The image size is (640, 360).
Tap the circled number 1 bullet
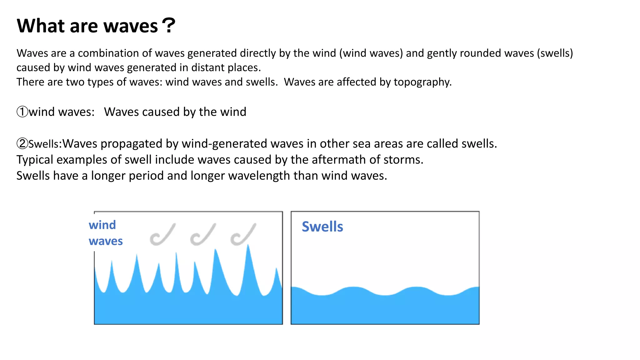click(x=22, y=112)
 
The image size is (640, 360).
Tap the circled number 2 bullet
click(x=22, y=144)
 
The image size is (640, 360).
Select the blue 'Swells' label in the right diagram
click(x=322, y=227)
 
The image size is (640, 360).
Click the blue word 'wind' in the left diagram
click(x=102, y=225)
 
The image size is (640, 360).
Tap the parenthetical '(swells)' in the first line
click(x=555, y=53)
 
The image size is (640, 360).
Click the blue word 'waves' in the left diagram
click(x=106, y=241)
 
